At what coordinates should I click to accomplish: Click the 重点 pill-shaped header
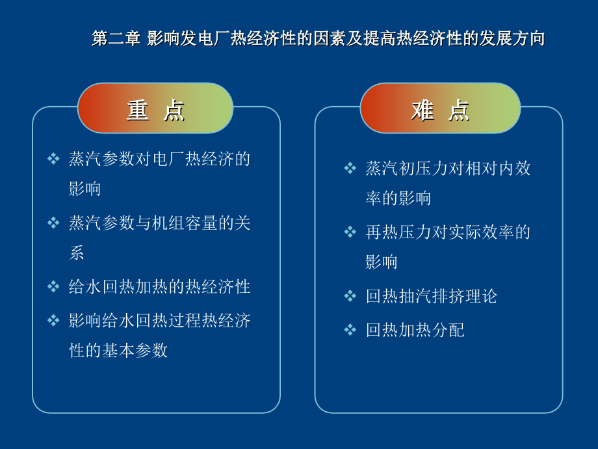point(155,108)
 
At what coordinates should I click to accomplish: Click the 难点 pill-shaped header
point(440,108)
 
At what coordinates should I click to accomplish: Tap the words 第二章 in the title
point(116,38)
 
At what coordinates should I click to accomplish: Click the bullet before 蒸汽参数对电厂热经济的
point(53,158)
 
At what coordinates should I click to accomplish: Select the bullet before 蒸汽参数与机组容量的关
point(53,223)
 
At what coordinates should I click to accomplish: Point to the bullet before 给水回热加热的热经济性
point(53,286)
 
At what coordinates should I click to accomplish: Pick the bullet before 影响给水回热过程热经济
point(53,320)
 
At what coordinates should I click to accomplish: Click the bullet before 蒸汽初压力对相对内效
point(350,168)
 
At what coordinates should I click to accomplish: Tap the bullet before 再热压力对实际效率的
point(350,232)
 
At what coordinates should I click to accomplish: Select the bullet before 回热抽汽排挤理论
point(350,296)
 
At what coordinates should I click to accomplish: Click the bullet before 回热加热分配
point(350,329)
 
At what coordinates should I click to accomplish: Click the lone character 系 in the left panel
point(77,252)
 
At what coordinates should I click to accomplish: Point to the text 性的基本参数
point(118,350)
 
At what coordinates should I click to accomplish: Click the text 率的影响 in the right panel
point(398,198)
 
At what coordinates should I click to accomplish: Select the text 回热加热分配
point(415,330)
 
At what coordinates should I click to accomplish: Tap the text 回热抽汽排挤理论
point(432,296)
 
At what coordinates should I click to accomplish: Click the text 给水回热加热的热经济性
point(159,287)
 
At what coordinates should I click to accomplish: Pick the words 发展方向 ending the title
point(512,38)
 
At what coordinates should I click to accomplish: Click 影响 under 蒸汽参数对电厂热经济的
point(84,189)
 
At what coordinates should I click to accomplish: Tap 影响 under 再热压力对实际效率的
point(382,262)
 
